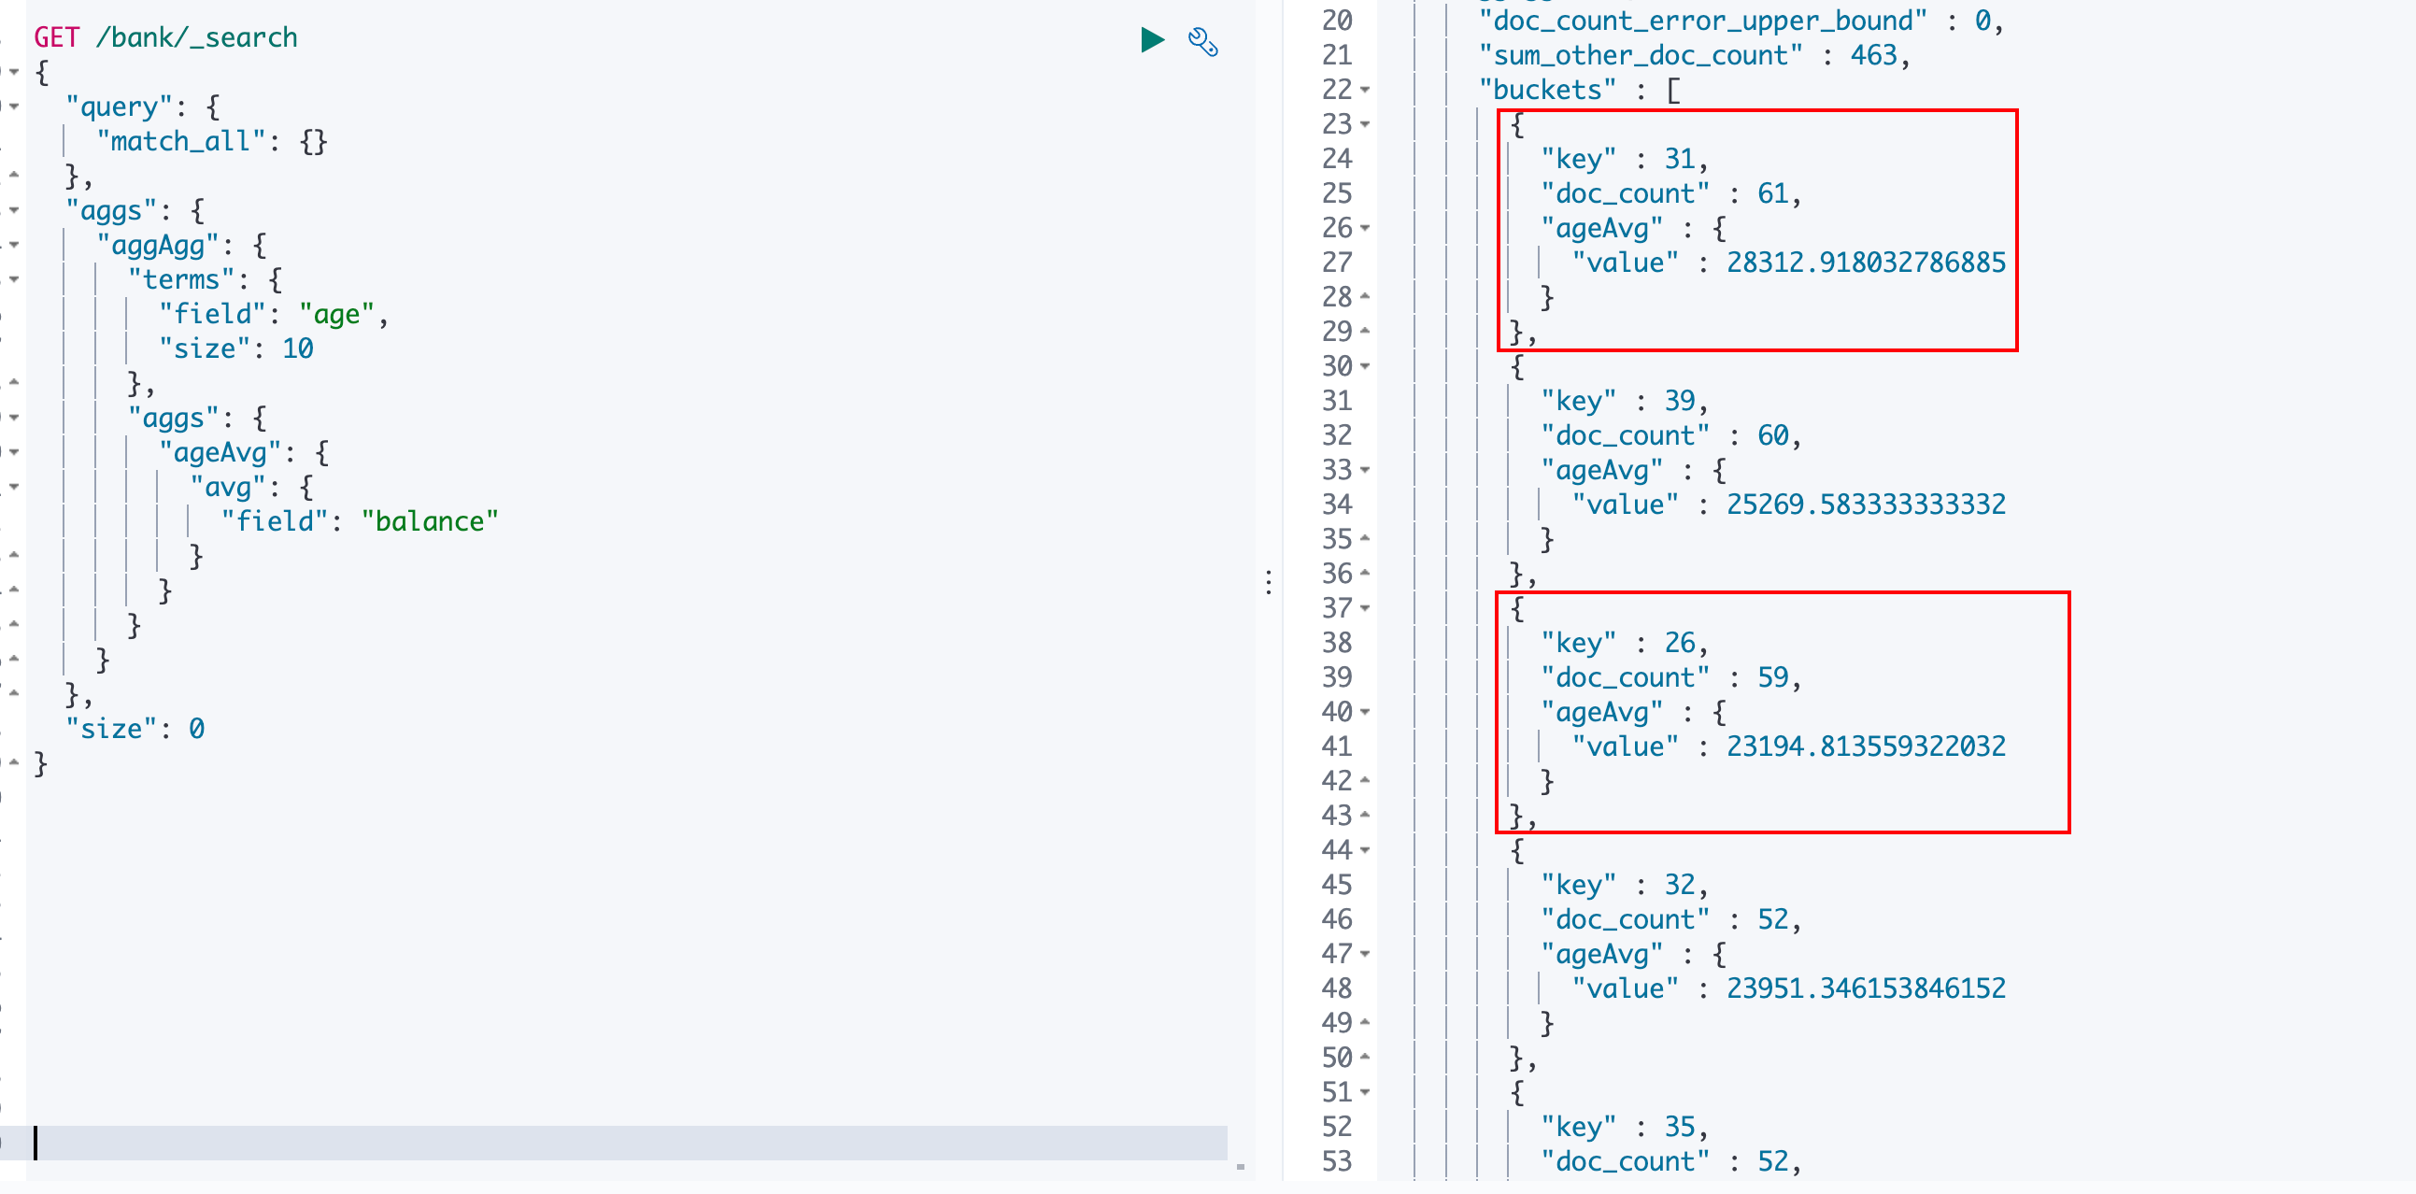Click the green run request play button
click(1152, 40)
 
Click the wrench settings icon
click(1202, 42)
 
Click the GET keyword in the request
click(56, 37)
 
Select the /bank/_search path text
click(197, 37)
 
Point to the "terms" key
click(181, 279)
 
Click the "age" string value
click(336, 314)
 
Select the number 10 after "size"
click(297, 348)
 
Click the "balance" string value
click(430, 521)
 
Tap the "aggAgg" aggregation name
click(159, 246)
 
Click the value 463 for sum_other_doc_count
click(1873, 55)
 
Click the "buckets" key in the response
click(1547, 90)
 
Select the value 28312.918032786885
click(1866, 263)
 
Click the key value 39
click(1680, 402)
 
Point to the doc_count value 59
click(1772, 677)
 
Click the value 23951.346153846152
click(1866, 988)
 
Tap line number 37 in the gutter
click(1337, 608)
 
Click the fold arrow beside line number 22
click(1366, 90)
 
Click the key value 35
click(1680, 1127)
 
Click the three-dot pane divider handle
click(1268, 582)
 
